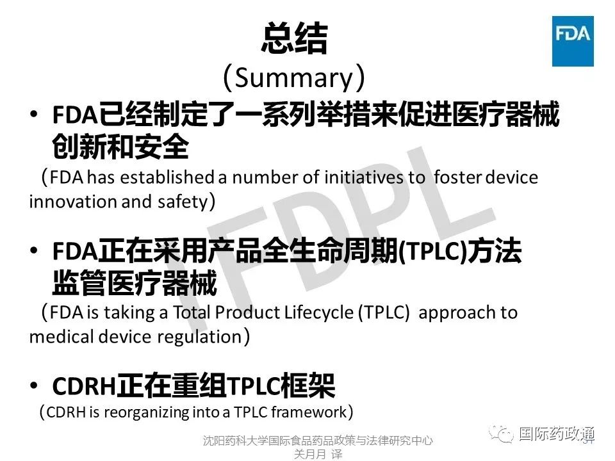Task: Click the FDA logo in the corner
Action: click(x=573, y=42)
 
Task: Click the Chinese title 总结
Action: click(x=294, y=40)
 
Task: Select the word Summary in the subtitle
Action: click(x=294, y=77)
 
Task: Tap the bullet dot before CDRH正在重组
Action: click(x=35, y=386)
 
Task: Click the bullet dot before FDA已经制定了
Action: click(x=35, y=116)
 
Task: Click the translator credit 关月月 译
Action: click(x=318, y=454)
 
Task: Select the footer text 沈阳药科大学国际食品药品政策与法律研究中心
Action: click(x=318, y=441)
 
